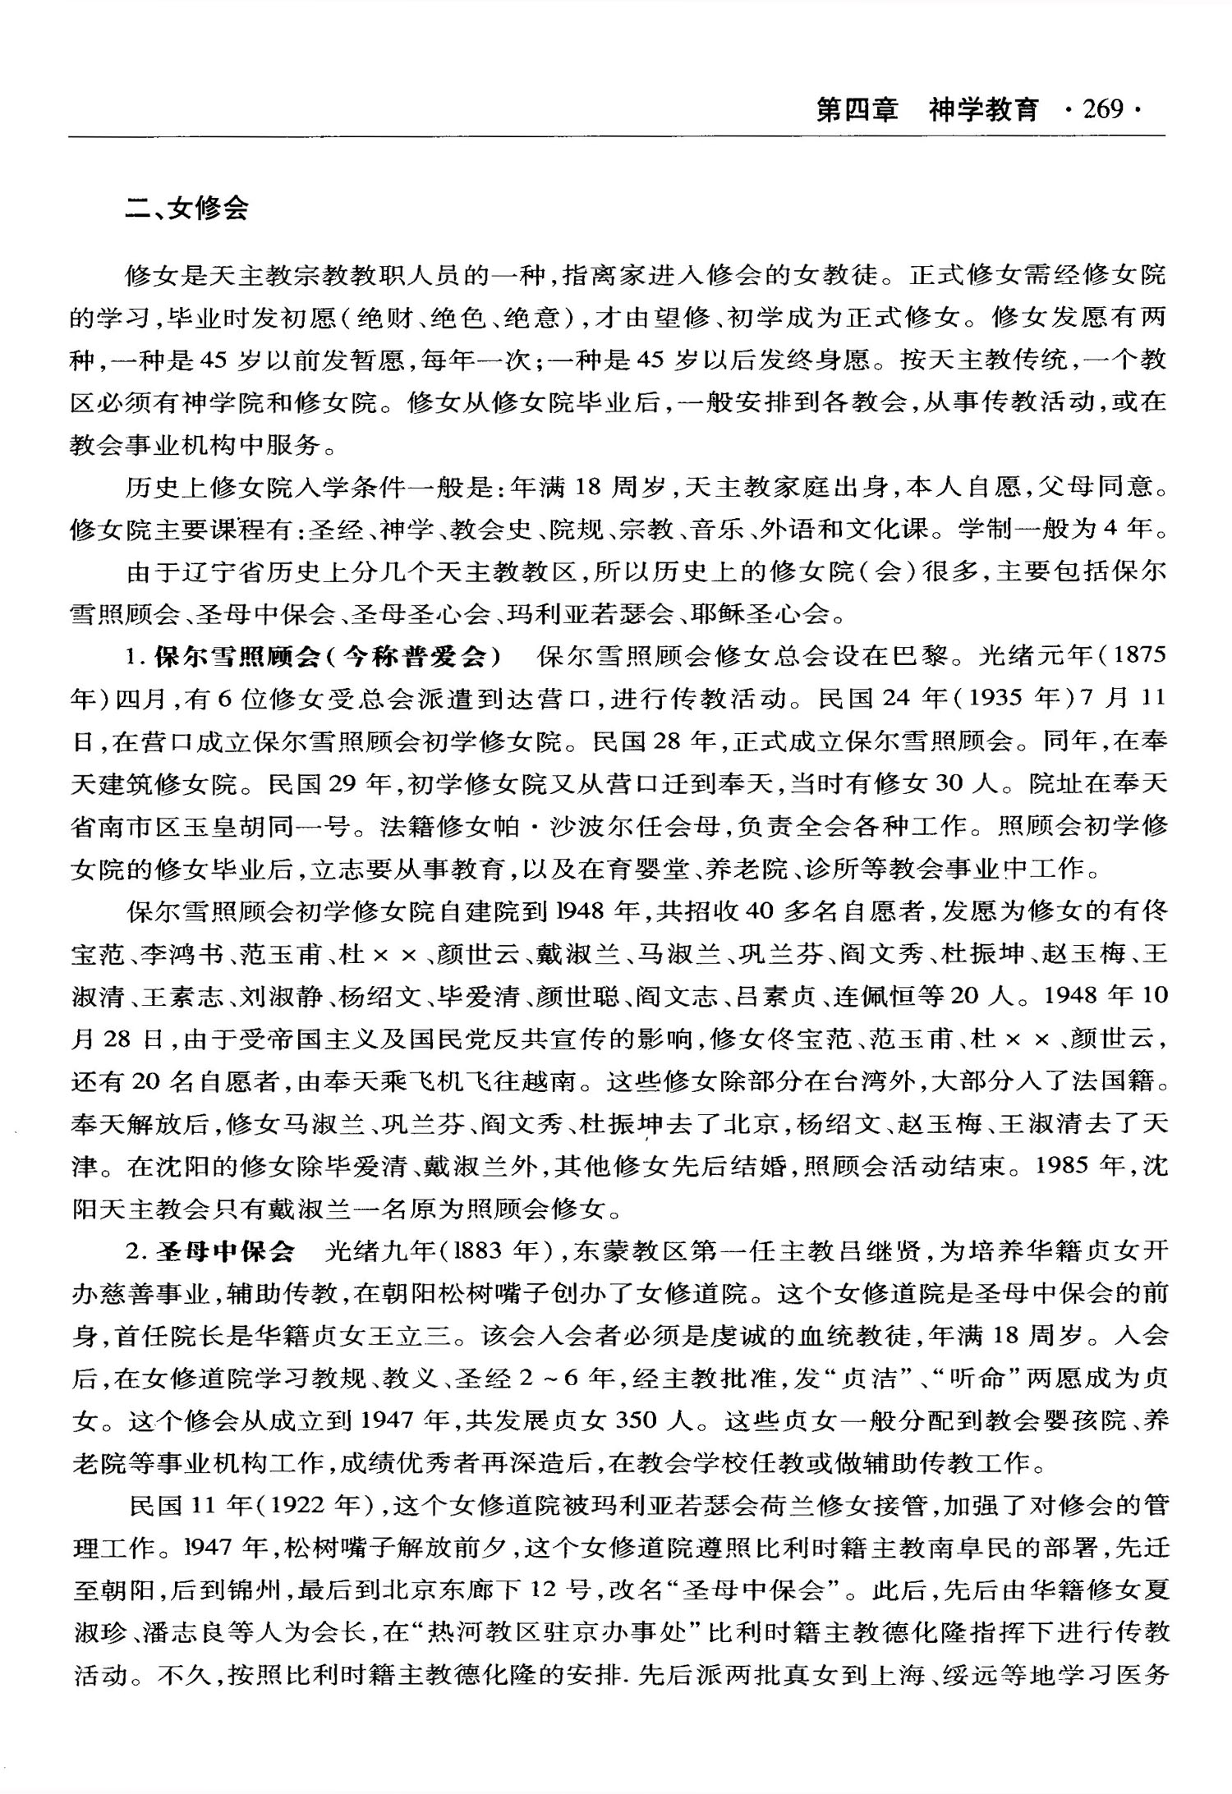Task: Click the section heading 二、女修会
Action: pyautogui.click(x=186, y=209)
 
